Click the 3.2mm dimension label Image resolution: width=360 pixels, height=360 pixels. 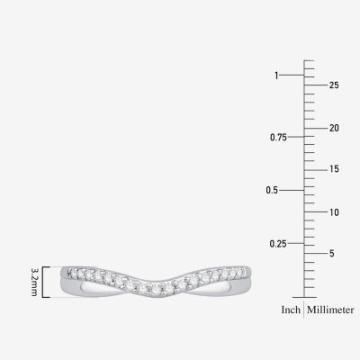[34, 282]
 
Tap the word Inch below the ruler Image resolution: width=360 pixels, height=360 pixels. [291, 310]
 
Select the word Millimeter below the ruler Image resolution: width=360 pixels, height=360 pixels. [330, 310]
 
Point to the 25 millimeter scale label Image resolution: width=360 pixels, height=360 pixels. [334, 85]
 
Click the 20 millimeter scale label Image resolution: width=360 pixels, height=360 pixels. [334, 128]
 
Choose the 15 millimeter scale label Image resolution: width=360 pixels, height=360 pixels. [334, 169]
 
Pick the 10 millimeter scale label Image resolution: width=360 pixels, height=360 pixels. [334, 212]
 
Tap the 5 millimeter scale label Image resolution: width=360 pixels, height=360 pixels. [331, 254]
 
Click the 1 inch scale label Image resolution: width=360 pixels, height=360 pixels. [276, 76]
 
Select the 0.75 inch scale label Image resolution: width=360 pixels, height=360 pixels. [278, 138]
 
